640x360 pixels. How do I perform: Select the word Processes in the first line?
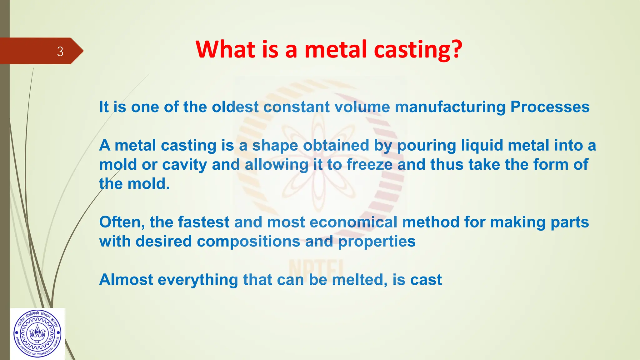pyautogui.click(x=550, y=107)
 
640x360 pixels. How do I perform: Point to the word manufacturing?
pyautogui.click(x=450, y=107)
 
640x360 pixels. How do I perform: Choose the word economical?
pyautogui.click(x=353, y=222)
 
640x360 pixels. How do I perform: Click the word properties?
pyautogui.click(x=377, y=242)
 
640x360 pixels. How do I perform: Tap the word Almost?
pyautogui.click(x=126, y=280)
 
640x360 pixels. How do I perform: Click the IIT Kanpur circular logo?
pyautogui.click(x=37, y=334)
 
